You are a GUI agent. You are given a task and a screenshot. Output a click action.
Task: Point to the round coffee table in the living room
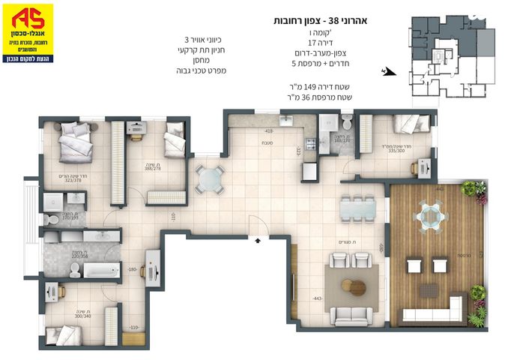pyautogui.click(x=353, y=286)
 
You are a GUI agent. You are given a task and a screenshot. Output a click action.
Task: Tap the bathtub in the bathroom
pyautogui.click(x=103, y=269)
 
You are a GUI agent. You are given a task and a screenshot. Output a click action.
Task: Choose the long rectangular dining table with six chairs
pyautogui.click(x=357, y=208)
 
